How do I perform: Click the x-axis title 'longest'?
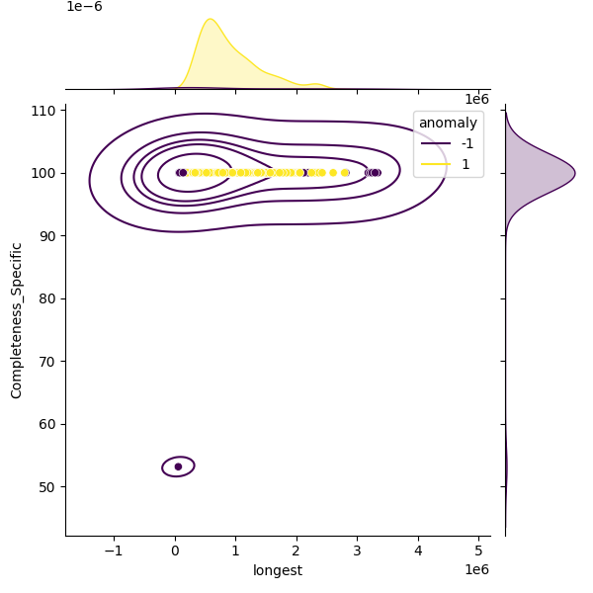pyautogui.click(x=278, y=570)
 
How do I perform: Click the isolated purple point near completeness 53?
pyautogui.click(x=178, y=466)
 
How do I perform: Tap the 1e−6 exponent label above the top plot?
pyautogui.click(x=84, y=7)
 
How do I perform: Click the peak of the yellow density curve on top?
pyautogui.click(x=210, y=19)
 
